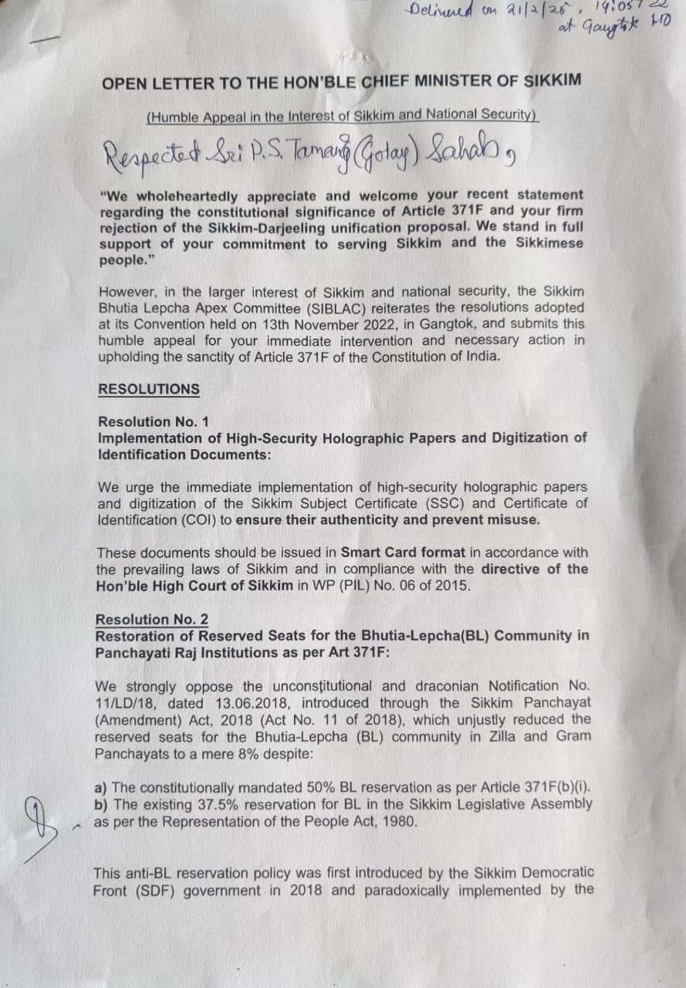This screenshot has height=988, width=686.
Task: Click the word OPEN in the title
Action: coord(120,82)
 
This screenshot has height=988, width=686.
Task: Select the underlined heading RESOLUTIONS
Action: coord(148,390)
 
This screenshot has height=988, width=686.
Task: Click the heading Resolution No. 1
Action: coord(153,421)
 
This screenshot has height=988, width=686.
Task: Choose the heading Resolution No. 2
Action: coord(152,620)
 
